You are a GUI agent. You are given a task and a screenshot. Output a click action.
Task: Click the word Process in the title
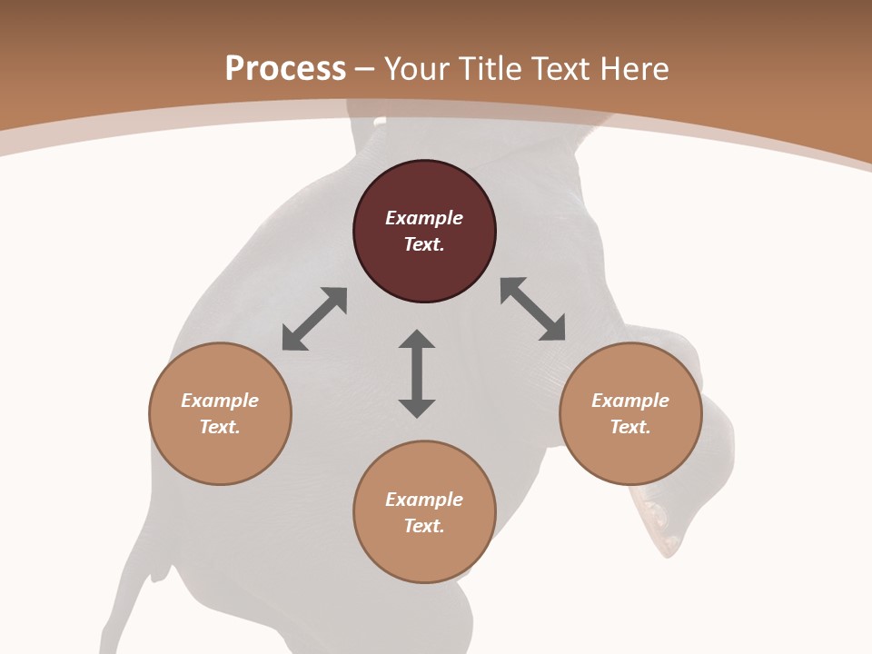tap(285, 69)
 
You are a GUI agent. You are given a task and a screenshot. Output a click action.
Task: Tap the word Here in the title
tap(633, 69)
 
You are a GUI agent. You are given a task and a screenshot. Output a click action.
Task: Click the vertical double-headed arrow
tap(417, 373)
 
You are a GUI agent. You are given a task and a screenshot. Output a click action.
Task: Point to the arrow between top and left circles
tap(314, 319)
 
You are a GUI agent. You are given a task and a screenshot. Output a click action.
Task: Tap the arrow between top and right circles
tap(533, 309)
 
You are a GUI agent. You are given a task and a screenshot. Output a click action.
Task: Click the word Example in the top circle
tap(424, 218)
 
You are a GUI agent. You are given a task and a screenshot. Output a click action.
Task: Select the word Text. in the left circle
tap(220, 427)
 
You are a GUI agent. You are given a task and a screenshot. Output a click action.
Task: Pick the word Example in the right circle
tap(630, 401)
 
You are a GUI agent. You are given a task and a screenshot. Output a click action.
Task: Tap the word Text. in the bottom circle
tap(424, 526)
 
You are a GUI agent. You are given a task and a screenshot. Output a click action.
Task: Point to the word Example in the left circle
tap(220, 401)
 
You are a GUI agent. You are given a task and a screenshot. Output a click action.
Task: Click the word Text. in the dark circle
tap(424, 244)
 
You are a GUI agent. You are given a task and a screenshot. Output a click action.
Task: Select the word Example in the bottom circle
tap(424, 500)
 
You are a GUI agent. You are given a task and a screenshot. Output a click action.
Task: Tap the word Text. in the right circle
tap(630, 427)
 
